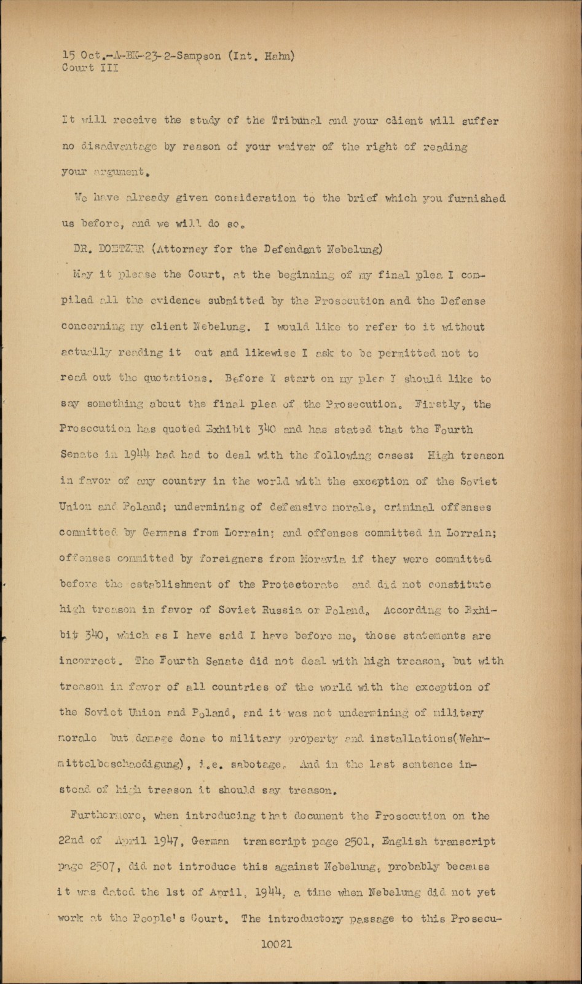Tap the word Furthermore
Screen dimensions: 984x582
tap(106, 816)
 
